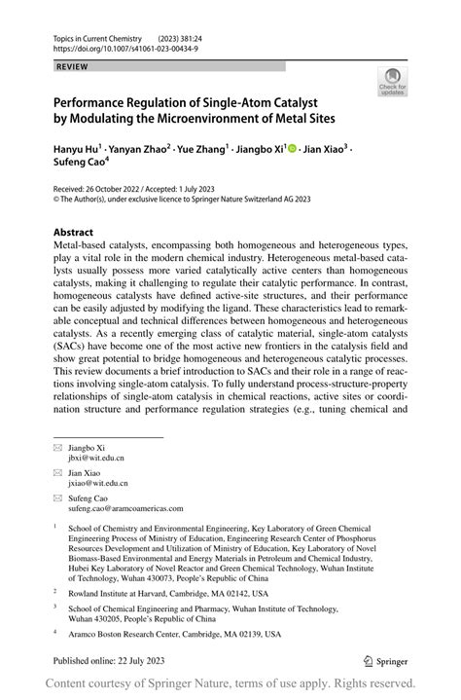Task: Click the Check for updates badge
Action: click(x=392, y=81)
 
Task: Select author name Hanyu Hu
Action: click(x=80, y=148)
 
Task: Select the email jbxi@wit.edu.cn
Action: click(x=96, y=458)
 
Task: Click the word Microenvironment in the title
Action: click(x=255, y=119)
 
